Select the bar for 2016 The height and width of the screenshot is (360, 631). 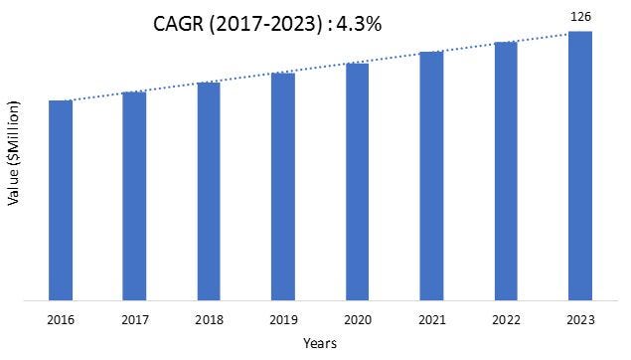tap(61, 201)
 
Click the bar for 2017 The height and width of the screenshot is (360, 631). tap(134, 196)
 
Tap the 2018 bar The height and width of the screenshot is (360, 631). tap(209, 191)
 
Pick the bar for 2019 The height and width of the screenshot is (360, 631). tap(283, 187)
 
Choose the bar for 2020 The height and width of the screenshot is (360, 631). tap(358, 182)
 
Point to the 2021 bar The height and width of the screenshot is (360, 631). tap(431, 176)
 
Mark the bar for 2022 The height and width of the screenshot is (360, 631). tap(506, 171)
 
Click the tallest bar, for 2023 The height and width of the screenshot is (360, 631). tap(580, 166)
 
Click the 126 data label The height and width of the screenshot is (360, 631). tap(580, 17)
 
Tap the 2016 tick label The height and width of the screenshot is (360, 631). tap(61, 320)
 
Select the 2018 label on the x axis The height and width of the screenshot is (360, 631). tap(209, 320)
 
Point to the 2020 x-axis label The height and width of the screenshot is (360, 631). tap(358, 320)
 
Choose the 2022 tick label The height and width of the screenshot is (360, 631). tap(506, 320)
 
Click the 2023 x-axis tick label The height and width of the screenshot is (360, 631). tap(580, 320)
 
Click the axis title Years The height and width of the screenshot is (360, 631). tap(320, 343)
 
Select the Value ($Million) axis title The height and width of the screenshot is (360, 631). tap(13, 153)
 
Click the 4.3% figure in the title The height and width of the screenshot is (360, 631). tap(359, 24)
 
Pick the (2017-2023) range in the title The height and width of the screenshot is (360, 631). tap(265, 25)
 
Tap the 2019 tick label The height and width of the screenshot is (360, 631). tap(283, 320)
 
